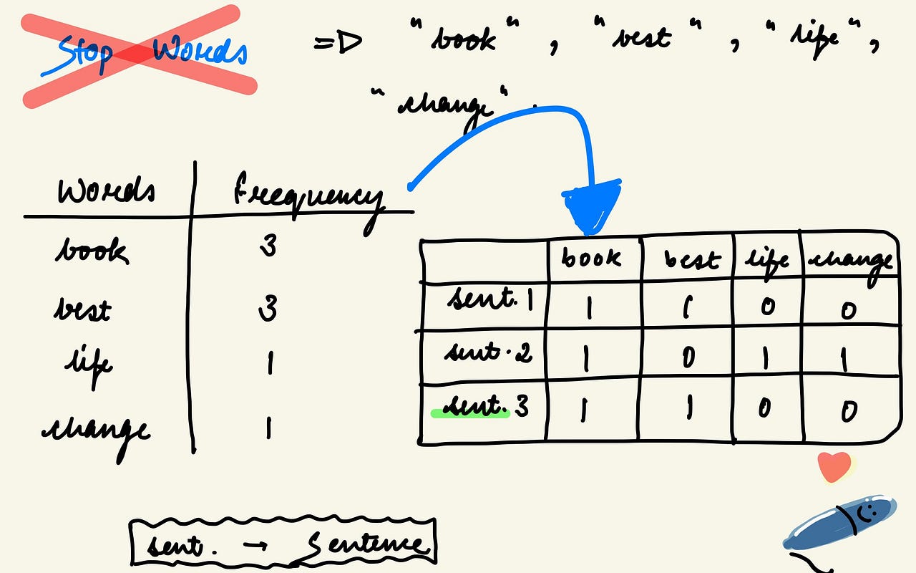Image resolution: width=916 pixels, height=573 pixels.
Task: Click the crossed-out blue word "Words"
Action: (201, 52)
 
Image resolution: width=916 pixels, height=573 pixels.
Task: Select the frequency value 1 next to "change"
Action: (268, 428)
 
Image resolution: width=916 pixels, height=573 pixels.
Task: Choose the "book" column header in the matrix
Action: (592, 257)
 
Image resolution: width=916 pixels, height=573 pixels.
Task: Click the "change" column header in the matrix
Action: (849, 261)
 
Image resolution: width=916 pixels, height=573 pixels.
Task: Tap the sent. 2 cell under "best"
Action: (688, 356)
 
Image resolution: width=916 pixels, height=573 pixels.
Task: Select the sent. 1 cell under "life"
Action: (766, 307)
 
